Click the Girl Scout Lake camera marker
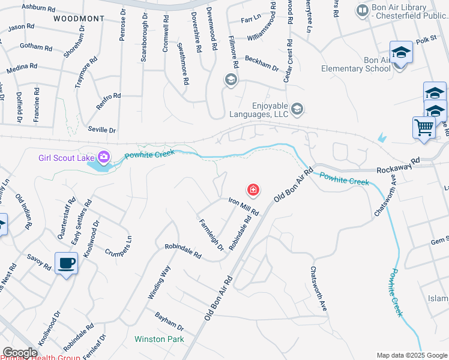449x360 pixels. (x=104, y=157)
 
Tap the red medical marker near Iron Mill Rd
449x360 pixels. (x=253, y=191)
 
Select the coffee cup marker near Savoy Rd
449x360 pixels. (x=66, y=263)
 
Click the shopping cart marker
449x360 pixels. (x=424, y=127)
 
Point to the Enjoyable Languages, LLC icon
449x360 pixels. (x=298, y=109)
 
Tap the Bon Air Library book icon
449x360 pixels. (x=362, y=10)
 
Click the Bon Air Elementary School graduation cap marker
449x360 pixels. (x=401, y=53)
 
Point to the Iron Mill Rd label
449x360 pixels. (x=243, y=208)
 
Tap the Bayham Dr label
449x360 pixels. (x=169, y=321)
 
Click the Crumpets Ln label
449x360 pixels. (x=118, y=243)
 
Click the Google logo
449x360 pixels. (x=20, y=353)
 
